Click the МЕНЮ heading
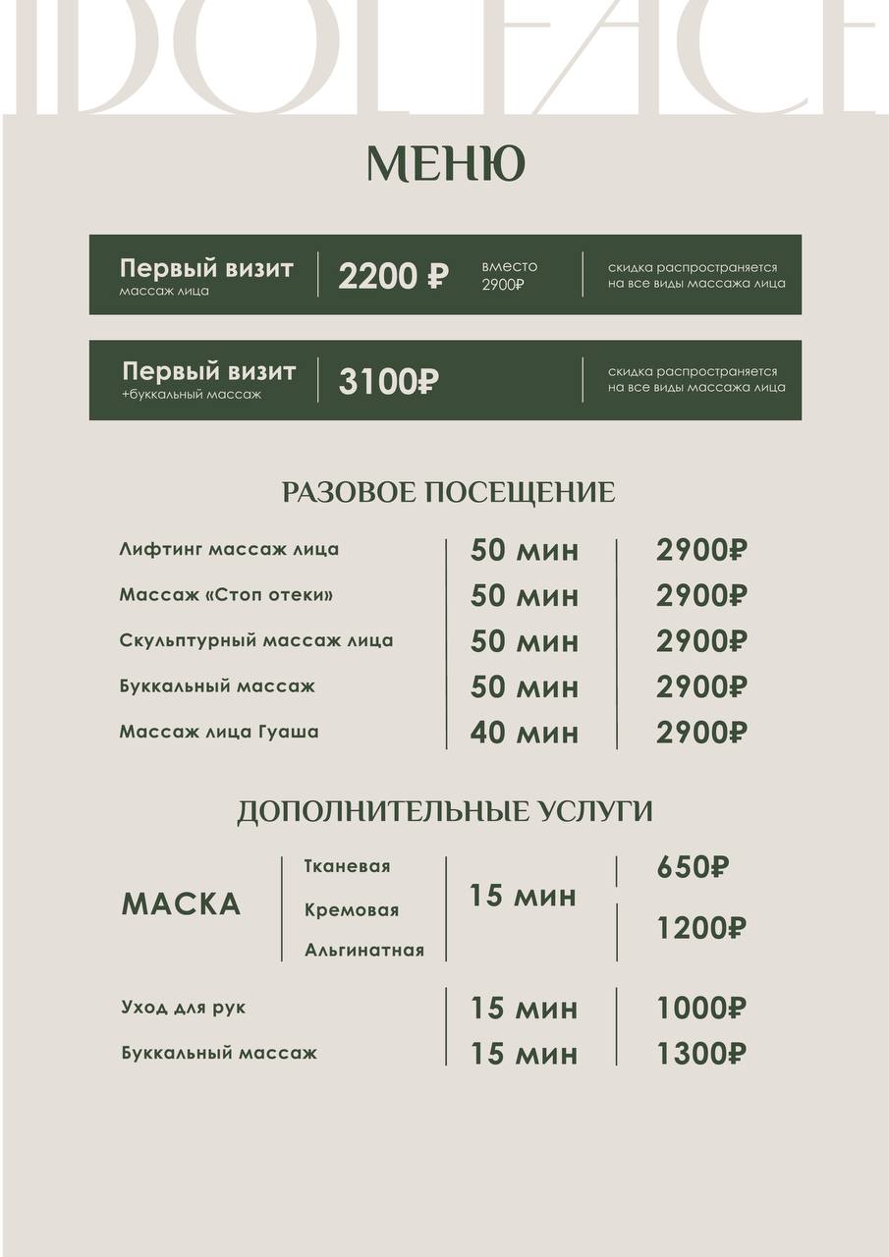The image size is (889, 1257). coord(445,164)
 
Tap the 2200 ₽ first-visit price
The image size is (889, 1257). coord(392,277)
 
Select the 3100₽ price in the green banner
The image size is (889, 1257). coord(388,381)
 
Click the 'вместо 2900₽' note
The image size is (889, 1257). coord(509,275)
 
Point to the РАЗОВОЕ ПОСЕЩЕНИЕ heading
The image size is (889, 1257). coord(448,492)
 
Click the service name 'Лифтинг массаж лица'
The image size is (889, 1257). coord(229,549)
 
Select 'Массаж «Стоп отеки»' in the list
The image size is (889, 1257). coord(226,595)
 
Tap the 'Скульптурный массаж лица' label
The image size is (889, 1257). coord(255,640)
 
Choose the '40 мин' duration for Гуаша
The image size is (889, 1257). coord(524,733)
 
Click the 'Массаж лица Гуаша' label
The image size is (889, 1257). coord(218,732)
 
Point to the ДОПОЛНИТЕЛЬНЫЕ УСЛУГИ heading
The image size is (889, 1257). coord(444,812)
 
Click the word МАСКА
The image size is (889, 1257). coord(181,904)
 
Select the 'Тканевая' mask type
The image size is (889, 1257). coord(347,866)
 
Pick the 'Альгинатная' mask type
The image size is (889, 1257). coord(363,950)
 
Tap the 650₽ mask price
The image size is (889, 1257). coord(693,867)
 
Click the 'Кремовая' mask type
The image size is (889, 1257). coord(352,910)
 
